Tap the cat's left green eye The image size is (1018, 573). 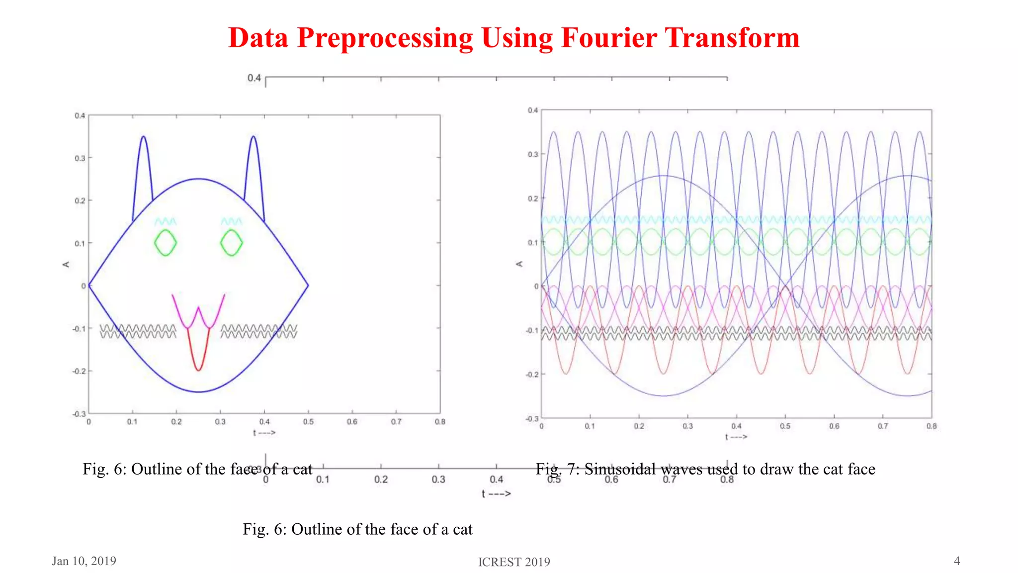pos(165,243)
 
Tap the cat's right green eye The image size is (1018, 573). pos(231,243)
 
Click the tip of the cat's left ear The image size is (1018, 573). pos(143,137)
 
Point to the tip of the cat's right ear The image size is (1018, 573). pos(254,137)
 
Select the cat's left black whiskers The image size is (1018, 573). pos(138,331)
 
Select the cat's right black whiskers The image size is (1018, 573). pos(258,331)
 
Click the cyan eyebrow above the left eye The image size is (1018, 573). pos(165,221)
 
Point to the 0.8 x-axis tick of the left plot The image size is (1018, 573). pos(440,422)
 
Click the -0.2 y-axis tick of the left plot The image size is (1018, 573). pos(79,372)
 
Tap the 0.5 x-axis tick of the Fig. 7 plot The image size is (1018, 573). pos(785,426)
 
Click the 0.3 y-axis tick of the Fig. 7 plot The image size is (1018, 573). pos(533,155)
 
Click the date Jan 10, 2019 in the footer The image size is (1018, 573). pos(84,561)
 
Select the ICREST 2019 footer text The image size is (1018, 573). pos(514,562)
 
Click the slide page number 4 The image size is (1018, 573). pos(957,561)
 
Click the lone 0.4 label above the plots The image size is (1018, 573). pos(254,78)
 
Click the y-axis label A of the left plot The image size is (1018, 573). pos(66,264)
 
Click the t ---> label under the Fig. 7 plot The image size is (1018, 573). pos(736,437)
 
